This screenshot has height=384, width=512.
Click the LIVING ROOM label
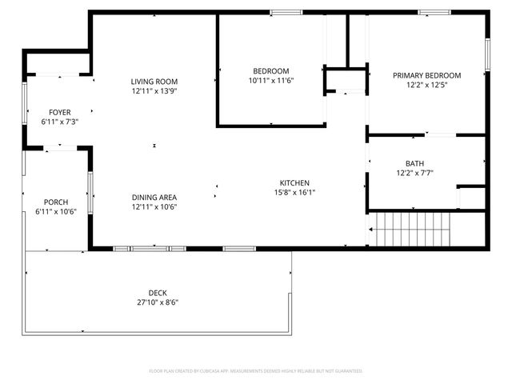coord(154,82)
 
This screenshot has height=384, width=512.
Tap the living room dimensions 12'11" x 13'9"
coord(154,91)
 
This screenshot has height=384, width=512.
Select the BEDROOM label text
coord(271,71)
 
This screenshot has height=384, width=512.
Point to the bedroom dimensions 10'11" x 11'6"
coord(271,81)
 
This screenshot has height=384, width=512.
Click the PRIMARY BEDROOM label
coord(426,75)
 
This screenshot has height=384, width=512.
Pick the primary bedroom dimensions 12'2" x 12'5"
coord(426,85)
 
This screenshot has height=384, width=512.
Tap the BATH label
coord(414,163)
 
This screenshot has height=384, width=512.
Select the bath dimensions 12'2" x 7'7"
coord(414,173)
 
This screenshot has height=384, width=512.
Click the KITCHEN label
coord(294,182)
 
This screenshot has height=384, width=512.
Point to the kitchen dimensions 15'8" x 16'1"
coord(294,192)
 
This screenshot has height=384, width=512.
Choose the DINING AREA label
coord(154,198)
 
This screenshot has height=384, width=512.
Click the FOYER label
coord(59,112)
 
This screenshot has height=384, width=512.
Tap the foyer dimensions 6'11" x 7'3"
coord(59,122)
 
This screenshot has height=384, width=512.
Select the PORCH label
coord(56,202)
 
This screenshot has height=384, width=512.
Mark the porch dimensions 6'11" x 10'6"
coord(56,212)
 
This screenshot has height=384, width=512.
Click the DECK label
coord(158,293)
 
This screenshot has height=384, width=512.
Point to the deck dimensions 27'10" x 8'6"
coord(158,302)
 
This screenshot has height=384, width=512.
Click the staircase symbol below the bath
coord(412,230)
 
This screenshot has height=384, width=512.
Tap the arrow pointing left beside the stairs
coord(372,230)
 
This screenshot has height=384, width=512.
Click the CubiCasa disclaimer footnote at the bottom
coord(256,371)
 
